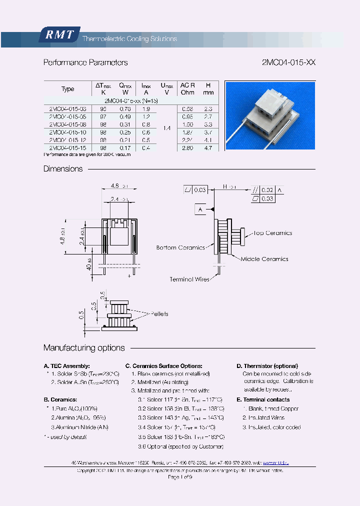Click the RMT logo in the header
pyautogui.click(x=59, y=34)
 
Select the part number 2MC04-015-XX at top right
pyautogui.click(x=288, y=63)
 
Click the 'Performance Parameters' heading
pyautogui.click(x=85, y=63)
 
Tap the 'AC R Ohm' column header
pyautogui.click(x=187, y=89)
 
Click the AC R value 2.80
pyautogui.click(x=187, y=148)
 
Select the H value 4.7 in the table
pyautogui.click(x=208, y=148)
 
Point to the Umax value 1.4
pyautogui.click(x=166, y=128)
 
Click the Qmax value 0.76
pyautogui.click(x=125, y=108)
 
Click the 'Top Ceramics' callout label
pyautogui.click(x=272, y=233)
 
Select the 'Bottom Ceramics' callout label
pyautogui.click(x=180, y=247)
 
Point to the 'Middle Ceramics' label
pyautogui.click(x=264, y=259)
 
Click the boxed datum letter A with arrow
pyautogui.click(x=200, y=209)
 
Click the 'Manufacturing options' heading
pyautogui.click(x=84, y=348)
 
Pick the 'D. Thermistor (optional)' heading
pyautogui.click(x=267, y=366)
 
